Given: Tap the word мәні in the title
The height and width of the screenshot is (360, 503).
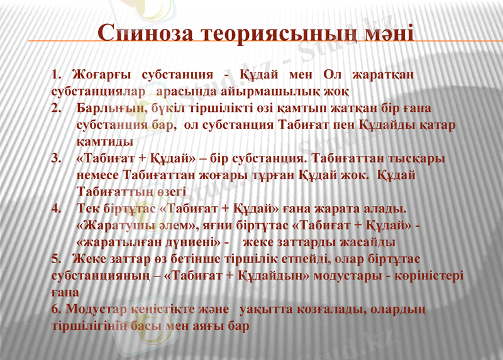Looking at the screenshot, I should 388,33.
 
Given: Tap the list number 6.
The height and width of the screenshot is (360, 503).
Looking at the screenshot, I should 55,310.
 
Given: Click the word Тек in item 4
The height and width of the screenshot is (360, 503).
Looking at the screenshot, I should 87,208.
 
